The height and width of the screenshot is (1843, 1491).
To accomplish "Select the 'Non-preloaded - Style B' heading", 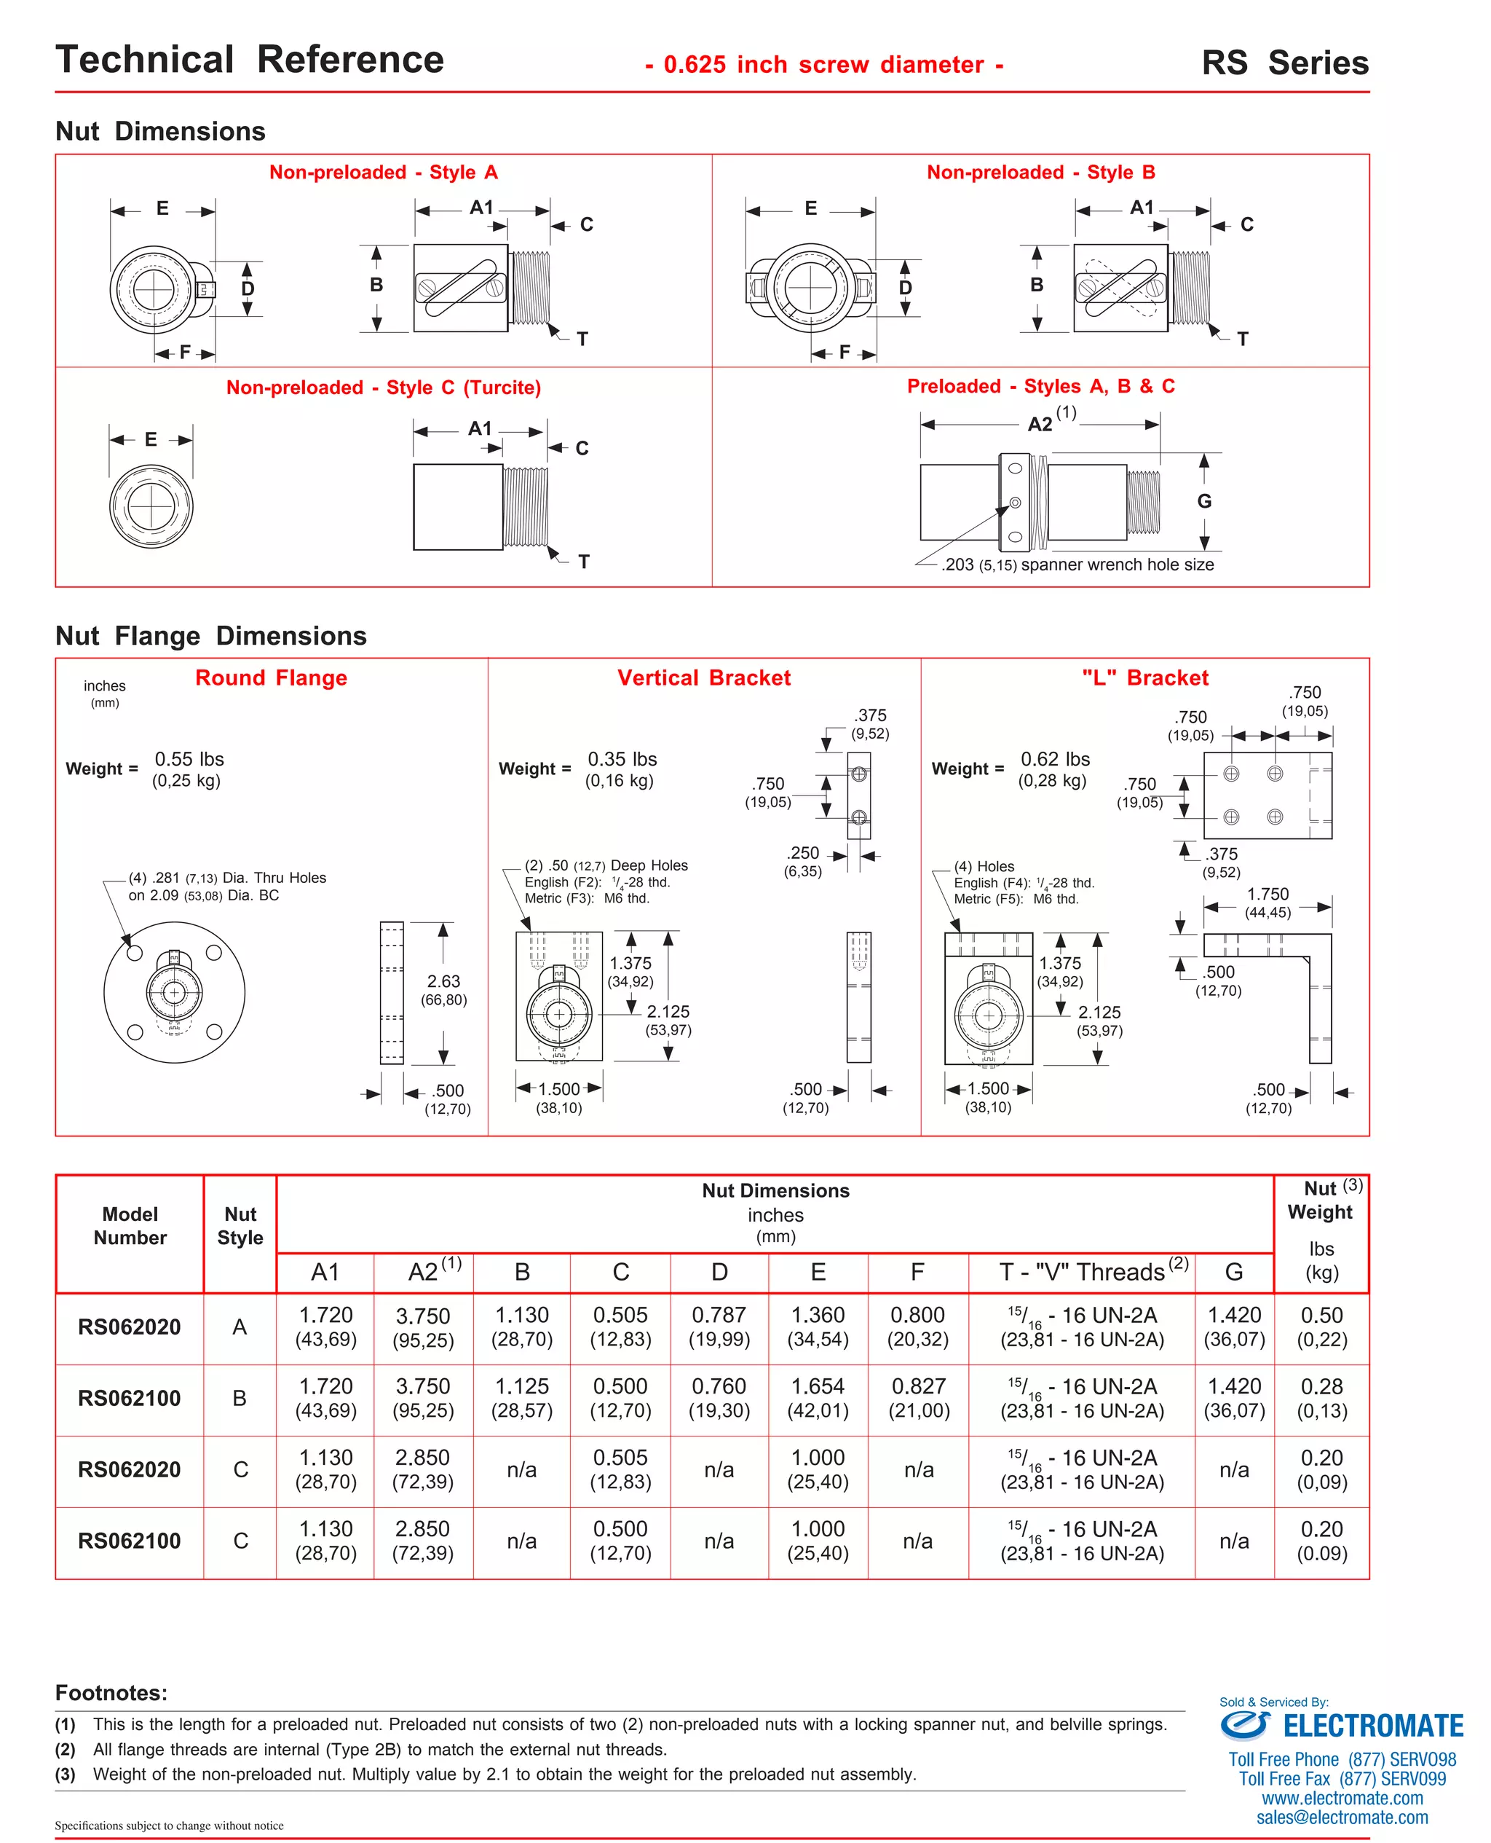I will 1040,172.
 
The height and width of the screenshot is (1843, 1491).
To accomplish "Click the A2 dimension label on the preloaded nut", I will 1040,423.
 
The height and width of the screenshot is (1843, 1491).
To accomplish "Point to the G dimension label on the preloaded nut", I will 1204,501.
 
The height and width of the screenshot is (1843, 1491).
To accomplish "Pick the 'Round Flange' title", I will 271,678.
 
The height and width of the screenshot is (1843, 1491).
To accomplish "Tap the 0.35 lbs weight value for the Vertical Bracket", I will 622,760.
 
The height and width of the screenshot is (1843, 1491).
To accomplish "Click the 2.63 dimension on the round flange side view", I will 443,981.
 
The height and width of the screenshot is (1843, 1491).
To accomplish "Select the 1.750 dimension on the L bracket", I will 1267,895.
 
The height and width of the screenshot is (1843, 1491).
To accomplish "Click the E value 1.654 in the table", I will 818,1387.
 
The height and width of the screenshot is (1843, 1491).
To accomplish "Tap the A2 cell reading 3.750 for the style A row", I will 422,1316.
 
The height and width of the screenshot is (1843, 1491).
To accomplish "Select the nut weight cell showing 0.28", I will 1321,1387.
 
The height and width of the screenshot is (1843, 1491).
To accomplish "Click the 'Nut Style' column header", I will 240,1226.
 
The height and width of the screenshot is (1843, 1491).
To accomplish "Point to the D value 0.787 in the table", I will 719,1316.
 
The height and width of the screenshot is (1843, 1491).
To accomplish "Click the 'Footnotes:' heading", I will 111,1693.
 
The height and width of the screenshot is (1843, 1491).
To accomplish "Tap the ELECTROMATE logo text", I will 1372,1726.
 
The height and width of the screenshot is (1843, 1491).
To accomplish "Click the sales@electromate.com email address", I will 1342,1818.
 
